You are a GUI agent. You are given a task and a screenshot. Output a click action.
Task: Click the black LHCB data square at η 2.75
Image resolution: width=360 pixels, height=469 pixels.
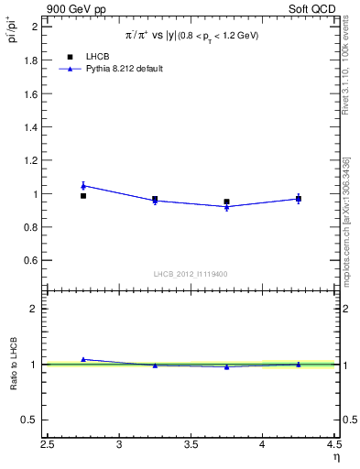coord(83,195)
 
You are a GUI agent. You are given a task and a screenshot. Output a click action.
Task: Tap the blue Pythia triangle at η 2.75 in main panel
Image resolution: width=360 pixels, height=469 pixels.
coord(83,186)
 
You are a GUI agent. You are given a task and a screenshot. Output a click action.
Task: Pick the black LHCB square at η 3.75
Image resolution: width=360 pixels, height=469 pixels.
coord(226,202)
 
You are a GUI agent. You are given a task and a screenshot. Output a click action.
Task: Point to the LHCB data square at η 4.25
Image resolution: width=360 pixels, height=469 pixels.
coord(298,199)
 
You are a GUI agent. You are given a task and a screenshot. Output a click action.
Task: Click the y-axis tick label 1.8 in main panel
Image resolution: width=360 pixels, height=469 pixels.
coord(30,60)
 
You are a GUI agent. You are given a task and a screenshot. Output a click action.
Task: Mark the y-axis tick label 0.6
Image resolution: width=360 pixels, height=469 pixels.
coord(30,261)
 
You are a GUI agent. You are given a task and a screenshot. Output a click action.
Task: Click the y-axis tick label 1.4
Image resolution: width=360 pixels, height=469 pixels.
coord(30,127)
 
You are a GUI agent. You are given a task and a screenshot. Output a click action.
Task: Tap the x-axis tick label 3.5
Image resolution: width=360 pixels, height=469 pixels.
coord(191,446)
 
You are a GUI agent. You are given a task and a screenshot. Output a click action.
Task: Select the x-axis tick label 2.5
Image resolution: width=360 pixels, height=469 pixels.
coord(48,446)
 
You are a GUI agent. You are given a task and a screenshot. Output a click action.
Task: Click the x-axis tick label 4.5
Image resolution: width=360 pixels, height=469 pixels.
coord(333,446)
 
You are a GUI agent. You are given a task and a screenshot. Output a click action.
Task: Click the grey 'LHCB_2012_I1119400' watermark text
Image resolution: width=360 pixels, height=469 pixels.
coord(191,274)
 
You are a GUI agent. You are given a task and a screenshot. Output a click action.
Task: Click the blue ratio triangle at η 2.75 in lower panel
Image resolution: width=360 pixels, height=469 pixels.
coord(83,359)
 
